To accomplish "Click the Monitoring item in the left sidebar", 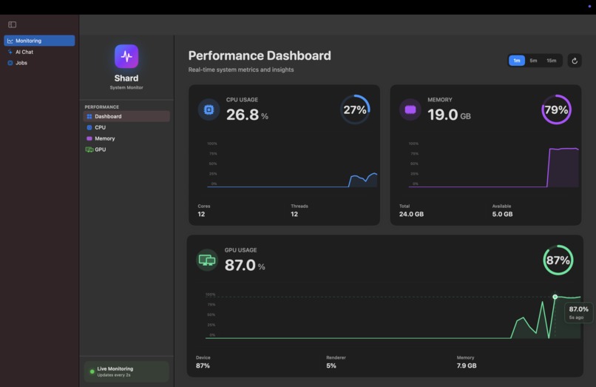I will click(x=39, y=41).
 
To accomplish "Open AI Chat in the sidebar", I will click(x=24, y=52).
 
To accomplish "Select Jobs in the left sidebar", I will click(x=21, y=63).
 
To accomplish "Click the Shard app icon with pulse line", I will click(x=126, y=56).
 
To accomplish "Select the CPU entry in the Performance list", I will click(x=100, y=127).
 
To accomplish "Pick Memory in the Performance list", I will click(x=104, y=138).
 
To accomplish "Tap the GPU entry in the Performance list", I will click(x=100, y=149).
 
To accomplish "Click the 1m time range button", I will click(x=516, y=61).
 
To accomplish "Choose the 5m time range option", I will click(x=533, y=61).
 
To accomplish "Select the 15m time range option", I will click(x=551, y=61).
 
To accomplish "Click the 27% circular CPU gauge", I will click(x=355, y=110).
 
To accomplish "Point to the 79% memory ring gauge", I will click(x=556, y=110).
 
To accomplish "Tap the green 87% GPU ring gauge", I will click(x=558, y=260).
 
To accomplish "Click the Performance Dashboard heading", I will click(x=260, y=55).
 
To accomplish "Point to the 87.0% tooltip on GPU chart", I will click(x=578, y=312).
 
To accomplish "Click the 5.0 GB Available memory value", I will click(x=502, y=215).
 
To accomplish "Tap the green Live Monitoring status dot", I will click(x=92, y=371).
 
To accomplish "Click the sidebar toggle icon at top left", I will click(x=12, y=24).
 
